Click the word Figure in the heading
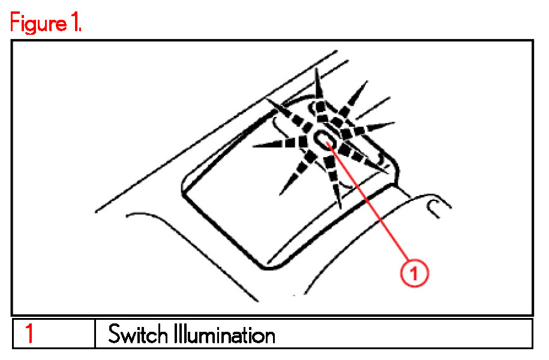(x=37, y=24)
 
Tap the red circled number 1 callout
(x=415, y=274)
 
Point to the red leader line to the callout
(x=372, y=210)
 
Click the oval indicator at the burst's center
(x=325, y=139)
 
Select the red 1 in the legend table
(x=28, y=334)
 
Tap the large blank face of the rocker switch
(x=240, y=198)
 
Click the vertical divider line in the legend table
(x=95, y=334)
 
